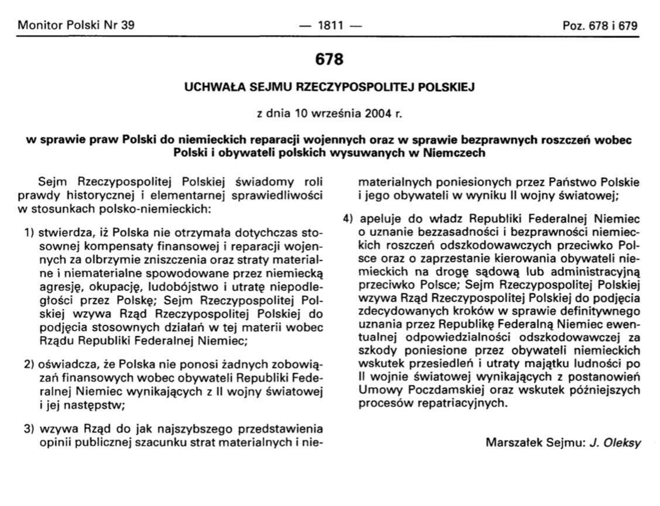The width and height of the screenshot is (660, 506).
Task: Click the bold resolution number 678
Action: click(329, 60)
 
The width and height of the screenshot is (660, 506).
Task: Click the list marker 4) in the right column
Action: click(349, 219)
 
